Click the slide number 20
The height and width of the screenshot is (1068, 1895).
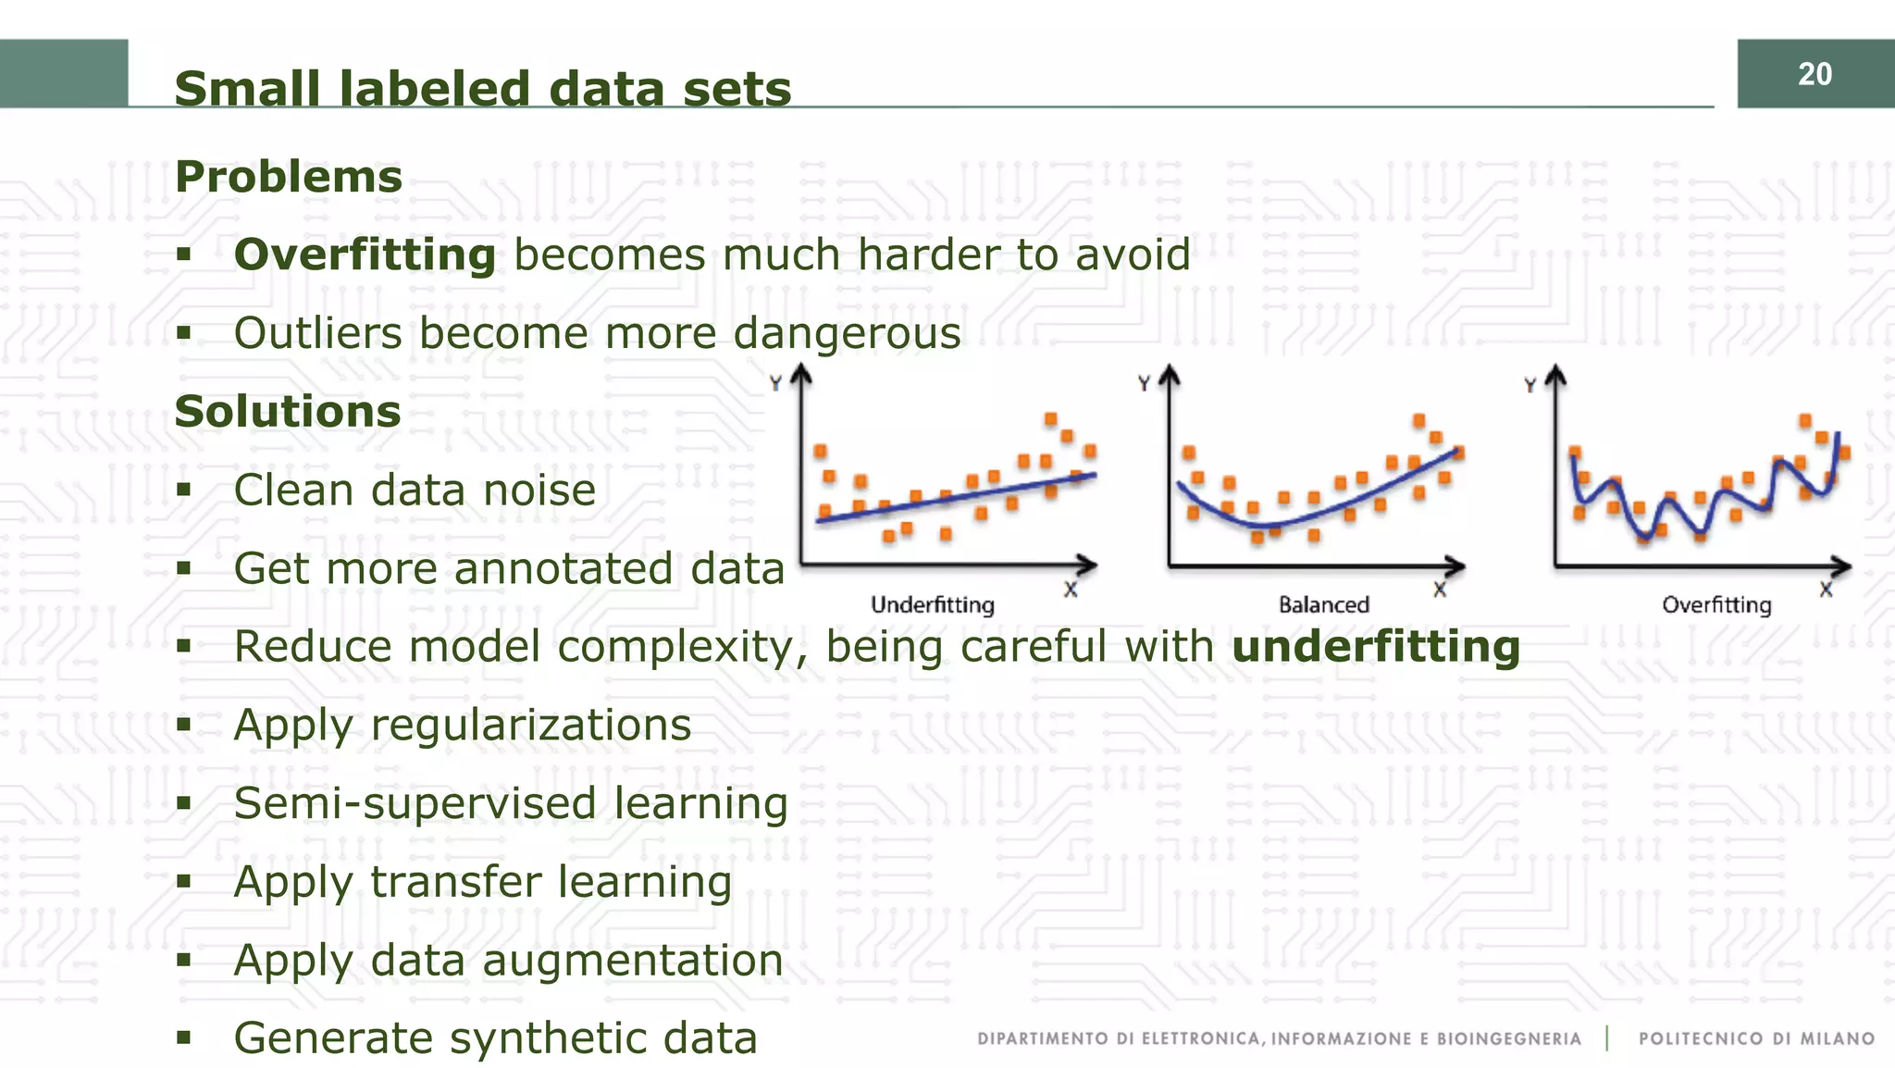1814,74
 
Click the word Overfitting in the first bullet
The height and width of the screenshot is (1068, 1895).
365,255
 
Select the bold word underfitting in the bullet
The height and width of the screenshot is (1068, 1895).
1376,646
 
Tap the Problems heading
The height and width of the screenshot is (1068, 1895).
289,177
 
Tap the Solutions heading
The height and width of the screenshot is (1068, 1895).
288,411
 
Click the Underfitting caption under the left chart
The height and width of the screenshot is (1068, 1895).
932,605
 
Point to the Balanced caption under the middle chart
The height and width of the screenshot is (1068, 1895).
1323,605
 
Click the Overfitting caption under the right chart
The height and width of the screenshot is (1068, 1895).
1716,605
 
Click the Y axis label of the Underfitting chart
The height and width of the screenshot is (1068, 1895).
775,383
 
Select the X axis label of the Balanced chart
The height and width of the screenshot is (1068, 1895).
1440,590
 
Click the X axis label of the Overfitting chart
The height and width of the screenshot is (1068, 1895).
1826,590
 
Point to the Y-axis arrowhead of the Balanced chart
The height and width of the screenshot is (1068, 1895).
1170,374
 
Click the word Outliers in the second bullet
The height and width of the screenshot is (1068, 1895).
317,333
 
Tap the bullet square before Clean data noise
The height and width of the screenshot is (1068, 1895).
183,489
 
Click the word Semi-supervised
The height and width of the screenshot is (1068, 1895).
415,803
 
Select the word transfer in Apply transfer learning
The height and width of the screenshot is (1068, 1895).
454,882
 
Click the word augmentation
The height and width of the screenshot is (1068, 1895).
632,961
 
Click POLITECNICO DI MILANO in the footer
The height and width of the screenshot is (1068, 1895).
1756,1038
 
